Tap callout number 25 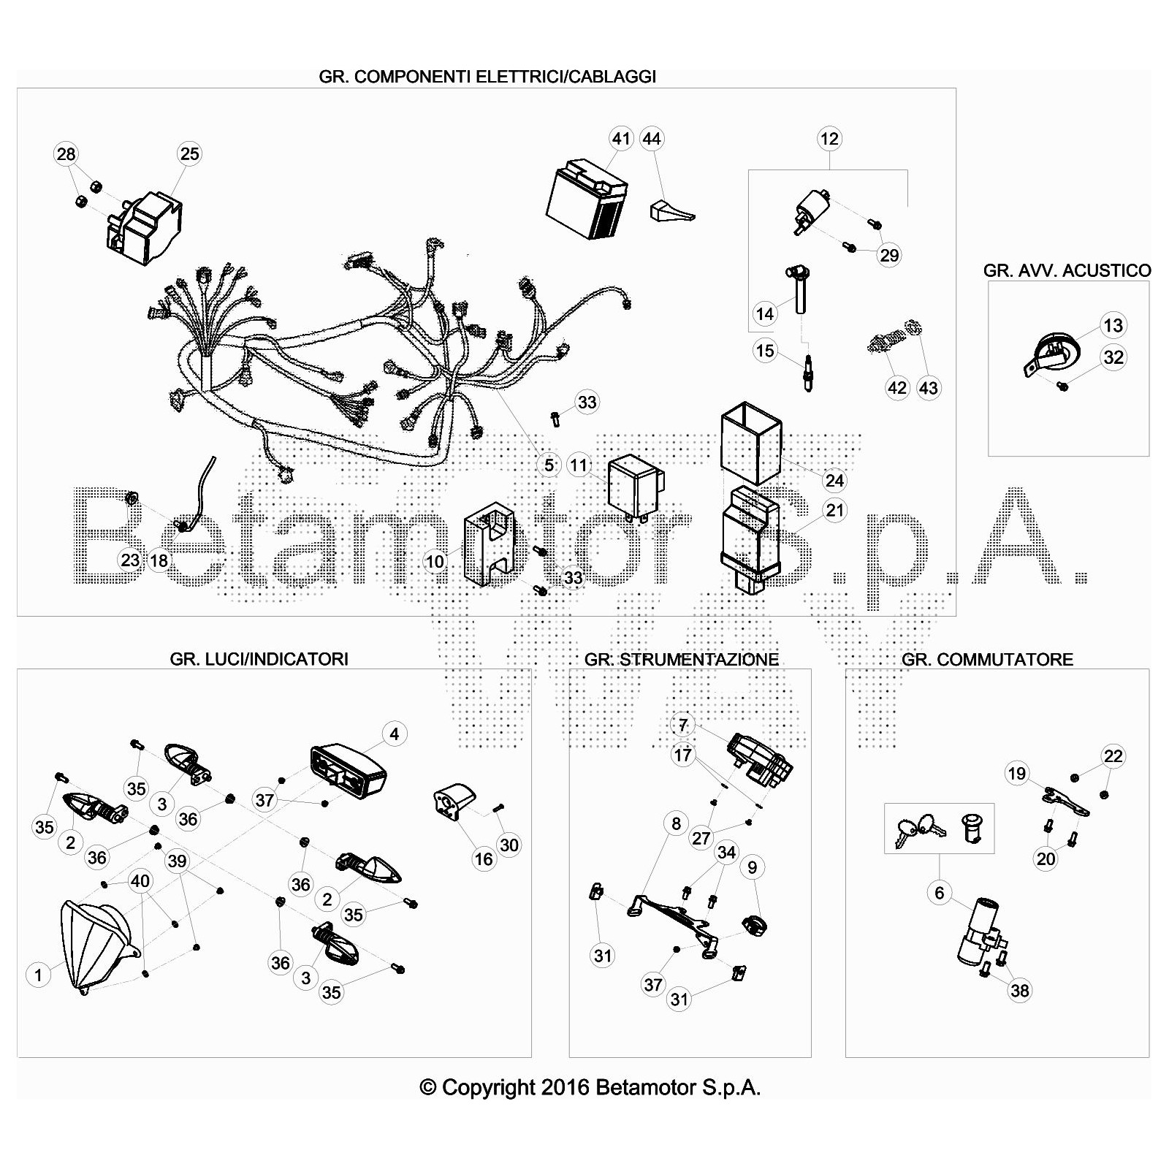(189, 153)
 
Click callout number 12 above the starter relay (829, 138)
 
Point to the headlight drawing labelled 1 (99, 945)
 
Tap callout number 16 (484, 858)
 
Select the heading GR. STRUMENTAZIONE (682, 659)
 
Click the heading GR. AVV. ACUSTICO (1067, 270)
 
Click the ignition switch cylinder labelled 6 (978, 931)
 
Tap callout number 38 (1019, 990)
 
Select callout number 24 (834, 480)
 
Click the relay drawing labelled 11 (637, 486)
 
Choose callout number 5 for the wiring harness (549, 464)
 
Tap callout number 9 (752, 867)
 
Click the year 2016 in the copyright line (565, 1088)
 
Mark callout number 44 (651, 138)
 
